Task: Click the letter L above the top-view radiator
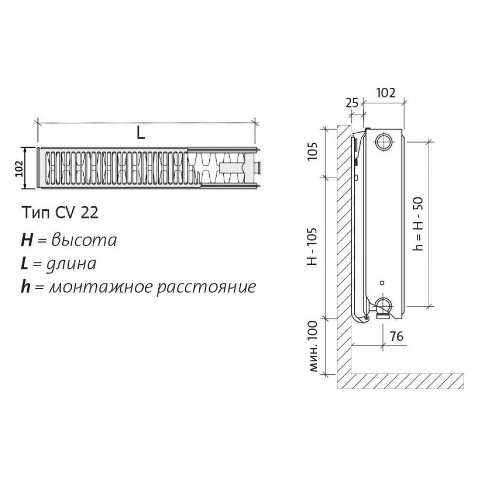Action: pos(141,132)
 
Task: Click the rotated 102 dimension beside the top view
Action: pos(19,168)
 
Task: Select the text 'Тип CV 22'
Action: pos(60,213)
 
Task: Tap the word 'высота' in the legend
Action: pos(84,240)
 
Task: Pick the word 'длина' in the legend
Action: pos(71,264)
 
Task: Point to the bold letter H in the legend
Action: pos(27,240)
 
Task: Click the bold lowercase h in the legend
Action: pos(26,287)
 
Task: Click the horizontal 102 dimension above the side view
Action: pos(386,93)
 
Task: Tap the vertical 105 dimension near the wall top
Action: pos(313,151)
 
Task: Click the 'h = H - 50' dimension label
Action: pos(419,224)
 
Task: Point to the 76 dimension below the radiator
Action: pos(397,336)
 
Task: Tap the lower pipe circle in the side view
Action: pos(383,305)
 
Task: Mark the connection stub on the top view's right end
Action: pos(258,168)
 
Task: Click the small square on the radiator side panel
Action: pos(382,282)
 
